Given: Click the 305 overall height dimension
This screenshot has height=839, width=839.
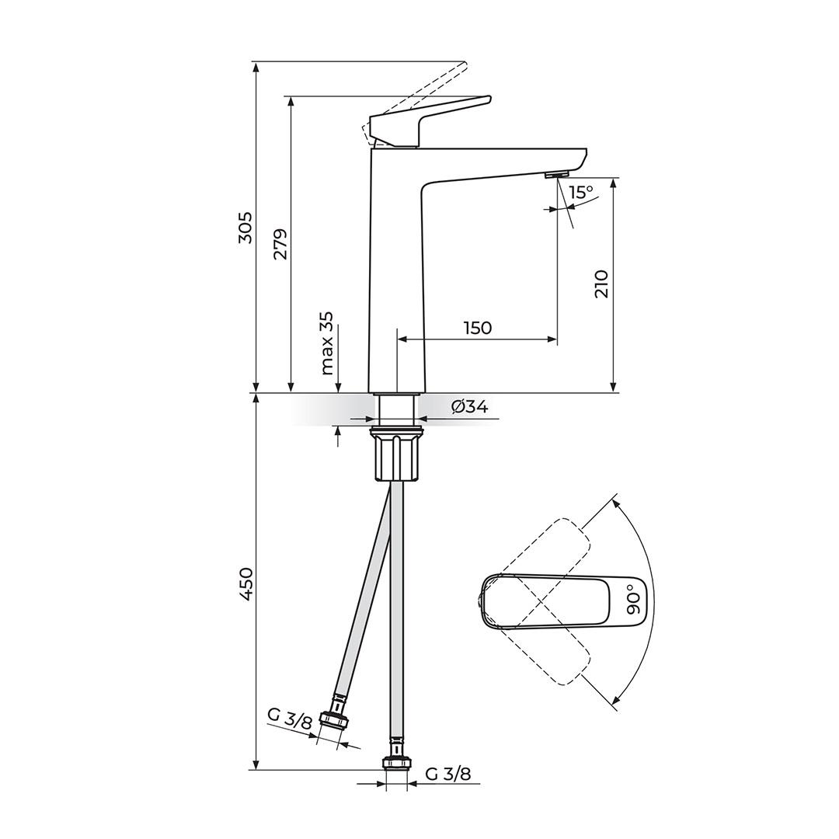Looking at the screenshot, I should coord(245,227).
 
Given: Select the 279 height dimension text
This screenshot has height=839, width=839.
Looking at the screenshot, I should coord(280,244).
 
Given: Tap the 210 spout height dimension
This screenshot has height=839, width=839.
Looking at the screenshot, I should coord(602,284).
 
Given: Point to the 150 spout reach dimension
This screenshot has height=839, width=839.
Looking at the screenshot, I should coord(478,328).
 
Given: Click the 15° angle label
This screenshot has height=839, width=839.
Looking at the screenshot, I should coord(580,192).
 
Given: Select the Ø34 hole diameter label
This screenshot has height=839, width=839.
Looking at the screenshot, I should coord(469,406).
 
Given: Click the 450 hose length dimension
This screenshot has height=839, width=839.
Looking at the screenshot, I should coord(245,583).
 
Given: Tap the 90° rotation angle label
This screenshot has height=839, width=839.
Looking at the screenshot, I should coord(634,601).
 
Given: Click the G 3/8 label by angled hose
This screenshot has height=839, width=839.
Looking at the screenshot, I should coord(290,718).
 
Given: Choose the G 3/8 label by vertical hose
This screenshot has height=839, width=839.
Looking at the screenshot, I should coord(448,774).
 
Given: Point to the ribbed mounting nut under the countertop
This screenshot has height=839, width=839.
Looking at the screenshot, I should coord(397,458).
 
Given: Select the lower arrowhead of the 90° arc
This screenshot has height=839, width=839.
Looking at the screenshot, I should coord(616,702).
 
